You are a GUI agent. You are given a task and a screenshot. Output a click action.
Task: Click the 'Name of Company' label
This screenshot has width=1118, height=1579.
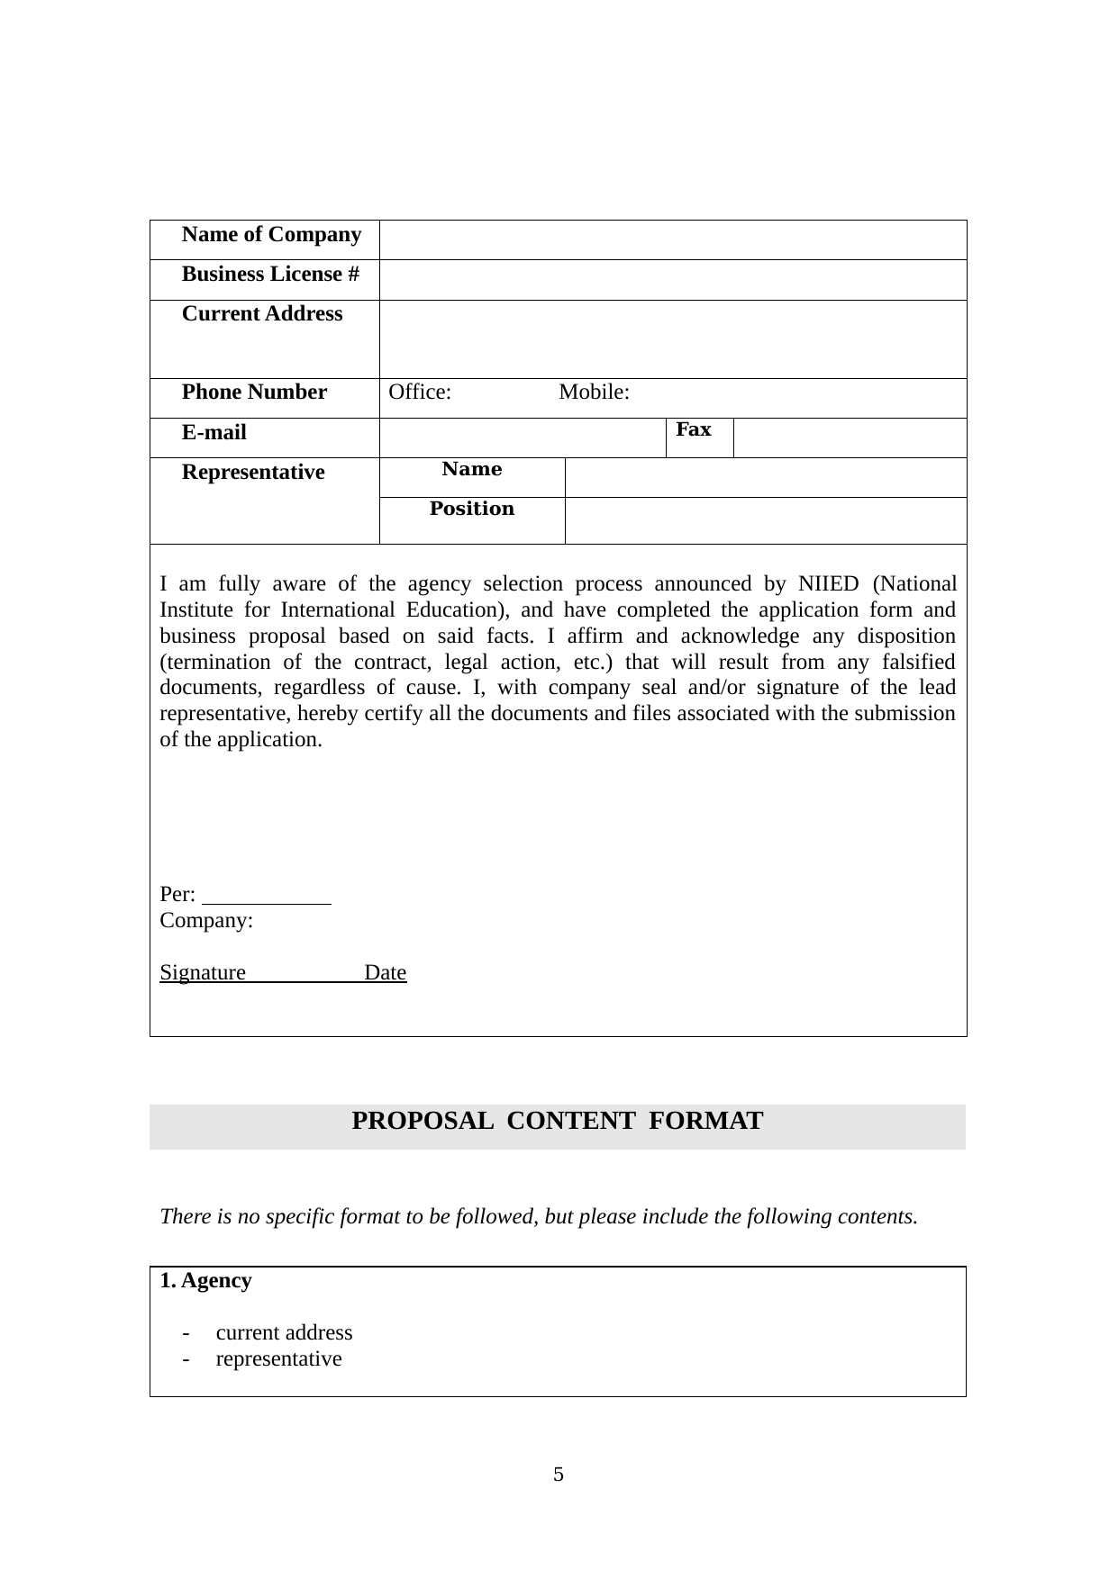271,235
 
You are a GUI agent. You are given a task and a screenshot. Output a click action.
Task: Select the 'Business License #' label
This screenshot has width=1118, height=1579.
270,275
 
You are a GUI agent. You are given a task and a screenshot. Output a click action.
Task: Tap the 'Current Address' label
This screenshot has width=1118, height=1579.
262,314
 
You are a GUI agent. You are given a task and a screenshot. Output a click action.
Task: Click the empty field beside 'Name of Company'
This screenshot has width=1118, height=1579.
672,240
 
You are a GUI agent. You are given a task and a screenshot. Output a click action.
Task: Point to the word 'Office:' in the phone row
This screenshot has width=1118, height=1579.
420,392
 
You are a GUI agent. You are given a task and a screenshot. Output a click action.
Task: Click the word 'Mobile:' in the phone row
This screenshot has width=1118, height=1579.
594,392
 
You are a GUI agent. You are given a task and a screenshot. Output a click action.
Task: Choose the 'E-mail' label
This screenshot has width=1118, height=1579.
214,433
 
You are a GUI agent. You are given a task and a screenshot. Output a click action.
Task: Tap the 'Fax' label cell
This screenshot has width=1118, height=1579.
694,430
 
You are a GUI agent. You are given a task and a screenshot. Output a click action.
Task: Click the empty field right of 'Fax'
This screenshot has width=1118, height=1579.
850,438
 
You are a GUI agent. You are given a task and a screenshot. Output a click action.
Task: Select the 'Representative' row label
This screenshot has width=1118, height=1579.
253,473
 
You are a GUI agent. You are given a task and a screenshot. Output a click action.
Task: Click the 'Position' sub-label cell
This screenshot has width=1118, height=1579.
472,510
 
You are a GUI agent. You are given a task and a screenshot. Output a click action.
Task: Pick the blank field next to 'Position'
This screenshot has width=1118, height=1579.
765,520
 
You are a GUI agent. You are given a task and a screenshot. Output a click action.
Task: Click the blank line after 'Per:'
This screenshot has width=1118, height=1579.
268,896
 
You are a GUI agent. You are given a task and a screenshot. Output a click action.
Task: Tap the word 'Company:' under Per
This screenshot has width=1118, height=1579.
206,921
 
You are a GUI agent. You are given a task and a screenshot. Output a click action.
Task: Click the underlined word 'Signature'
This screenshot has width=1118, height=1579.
203,973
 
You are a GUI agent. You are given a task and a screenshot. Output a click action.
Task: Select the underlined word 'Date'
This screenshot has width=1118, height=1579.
386,973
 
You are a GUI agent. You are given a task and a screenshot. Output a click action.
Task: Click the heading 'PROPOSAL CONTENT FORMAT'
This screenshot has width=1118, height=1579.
557,1122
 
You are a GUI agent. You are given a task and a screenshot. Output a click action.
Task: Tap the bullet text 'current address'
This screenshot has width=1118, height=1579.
284,1333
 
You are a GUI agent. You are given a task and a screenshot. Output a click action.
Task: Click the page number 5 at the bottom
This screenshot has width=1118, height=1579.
559,1475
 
